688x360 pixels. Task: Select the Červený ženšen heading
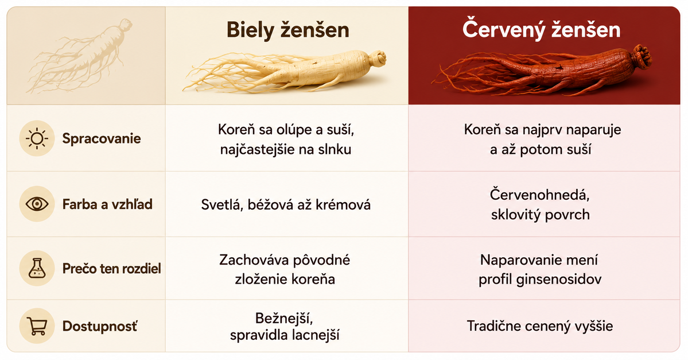tap(541, 30)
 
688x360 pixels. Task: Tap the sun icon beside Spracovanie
tap(37, 138)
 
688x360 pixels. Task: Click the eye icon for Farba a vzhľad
tap(37, 204)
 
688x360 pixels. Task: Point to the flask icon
tap(37, 268)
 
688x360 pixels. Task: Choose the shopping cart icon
tap(37, 326)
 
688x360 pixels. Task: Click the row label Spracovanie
tap(102, 139)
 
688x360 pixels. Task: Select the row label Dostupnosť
tap(100, 326)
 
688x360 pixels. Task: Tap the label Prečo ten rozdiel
tap(111, 268)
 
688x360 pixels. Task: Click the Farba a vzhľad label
tap(107, 204)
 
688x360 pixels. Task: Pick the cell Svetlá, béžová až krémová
tap(286, 204)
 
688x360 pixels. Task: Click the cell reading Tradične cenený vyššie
tap(540, 326)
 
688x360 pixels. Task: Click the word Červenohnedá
tap(539, 195)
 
